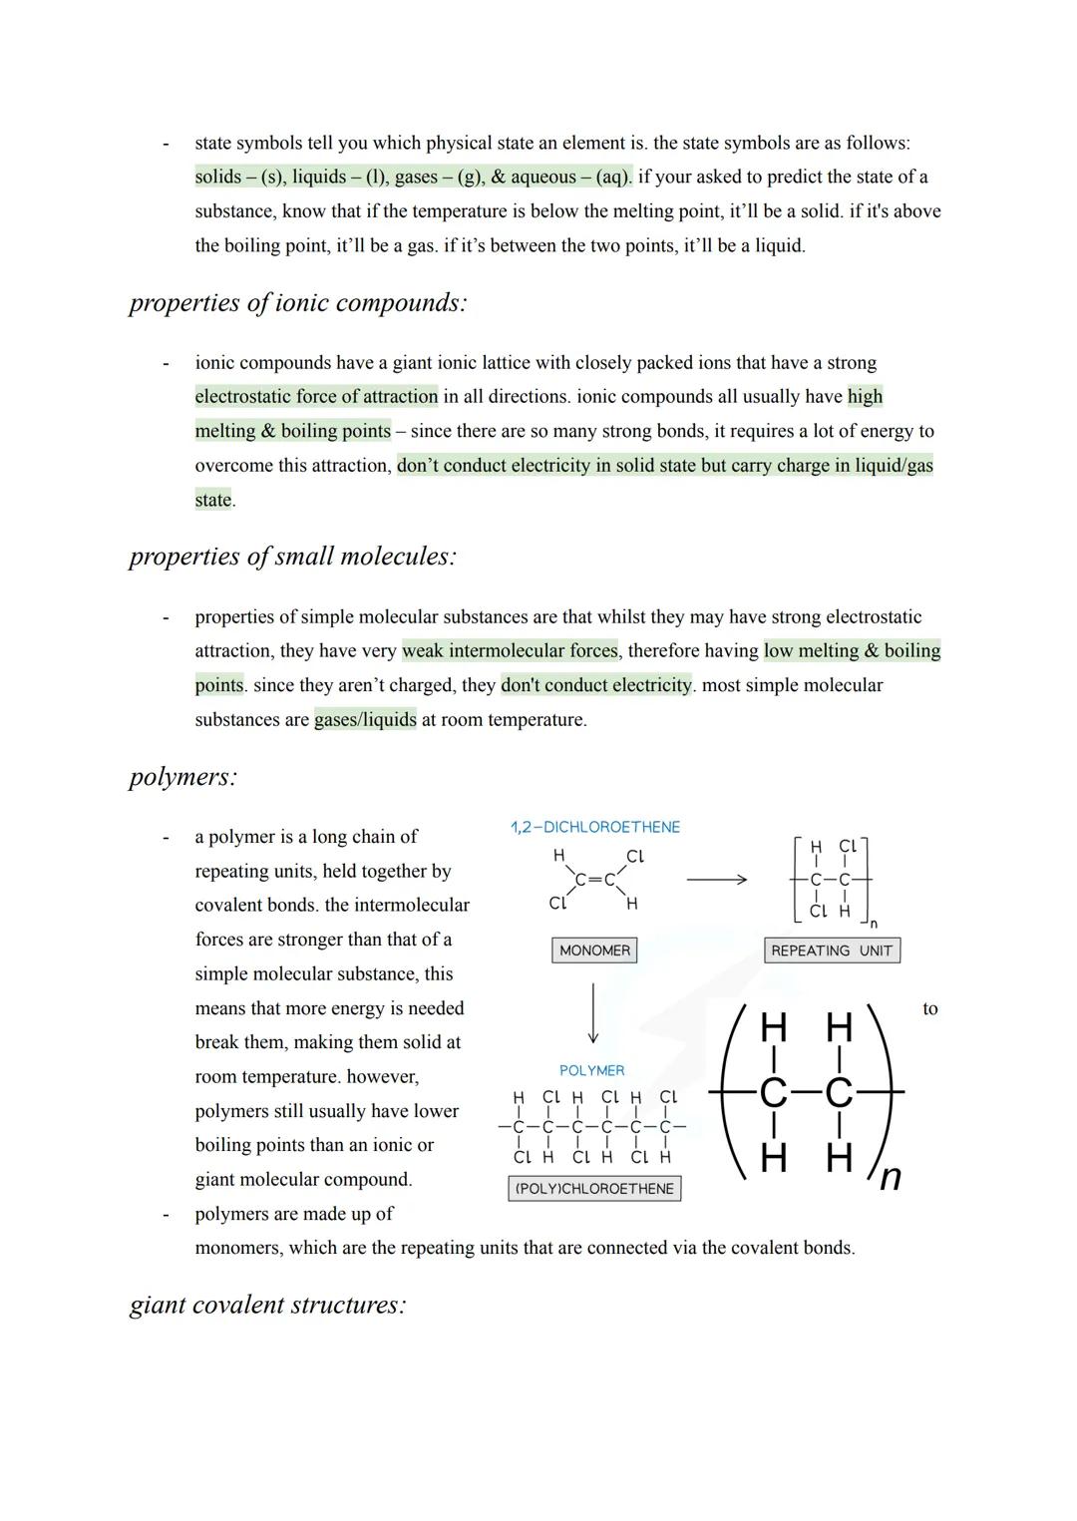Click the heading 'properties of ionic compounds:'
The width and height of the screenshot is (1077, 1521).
point(297,303)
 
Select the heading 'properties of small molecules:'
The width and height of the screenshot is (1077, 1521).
point(292,557)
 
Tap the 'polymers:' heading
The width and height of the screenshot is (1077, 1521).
point(183,777)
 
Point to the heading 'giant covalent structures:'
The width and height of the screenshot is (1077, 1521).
point(267,1306)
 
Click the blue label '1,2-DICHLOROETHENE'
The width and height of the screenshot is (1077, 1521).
point(594,828)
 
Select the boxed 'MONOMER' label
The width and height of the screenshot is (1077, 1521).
point(594,951)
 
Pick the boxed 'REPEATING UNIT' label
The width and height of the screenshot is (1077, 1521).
point(832,951)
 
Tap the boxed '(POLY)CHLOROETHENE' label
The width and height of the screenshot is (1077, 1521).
point(594,1189)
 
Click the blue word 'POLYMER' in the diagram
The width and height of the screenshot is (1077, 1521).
point(592,1071)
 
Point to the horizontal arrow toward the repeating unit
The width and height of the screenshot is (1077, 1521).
point(716,880)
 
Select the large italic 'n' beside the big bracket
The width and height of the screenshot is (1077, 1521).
point(891,1178)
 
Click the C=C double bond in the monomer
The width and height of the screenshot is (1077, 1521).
point(594,880)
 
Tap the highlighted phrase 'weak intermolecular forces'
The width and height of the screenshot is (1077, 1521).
point(510,651)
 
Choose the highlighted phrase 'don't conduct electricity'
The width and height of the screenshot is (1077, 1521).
point(596,685)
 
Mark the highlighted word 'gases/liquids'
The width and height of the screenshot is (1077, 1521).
point(365,720)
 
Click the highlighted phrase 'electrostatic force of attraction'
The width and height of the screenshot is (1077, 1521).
point(316,397)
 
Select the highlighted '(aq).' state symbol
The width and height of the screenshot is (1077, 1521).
point(613,178)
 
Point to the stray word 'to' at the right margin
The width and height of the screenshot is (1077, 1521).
point(930,1009)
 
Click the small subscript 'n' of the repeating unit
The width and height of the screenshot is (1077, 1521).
point(874,926)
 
